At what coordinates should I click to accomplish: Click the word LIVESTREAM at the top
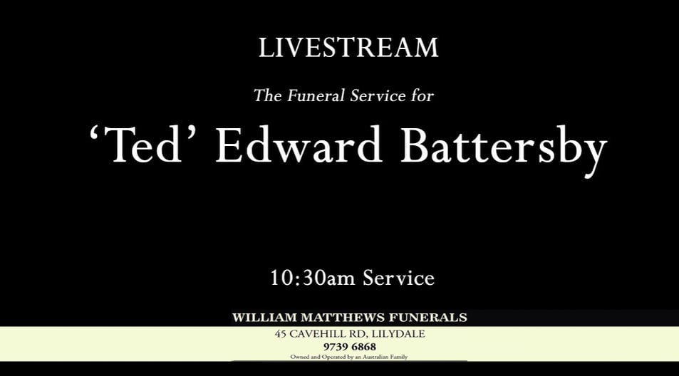[348, 48]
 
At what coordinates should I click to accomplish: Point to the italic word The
[268, 95]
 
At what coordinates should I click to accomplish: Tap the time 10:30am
[312, 278]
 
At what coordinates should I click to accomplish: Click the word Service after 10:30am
[398, 278]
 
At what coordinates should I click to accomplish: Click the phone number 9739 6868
[349, 347]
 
